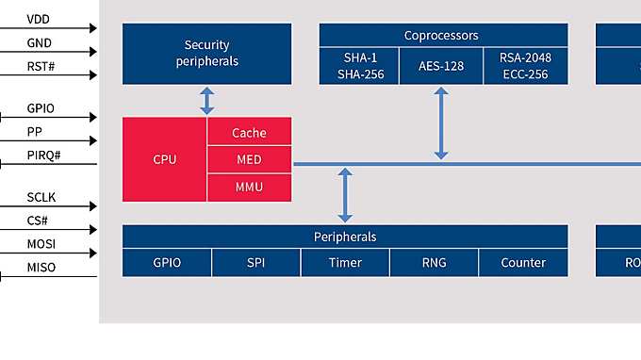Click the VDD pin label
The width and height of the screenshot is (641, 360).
(x=39, y=19)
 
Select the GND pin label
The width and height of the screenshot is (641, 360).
(x=39, y=43)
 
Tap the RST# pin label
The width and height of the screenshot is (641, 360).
(x=41, y=67)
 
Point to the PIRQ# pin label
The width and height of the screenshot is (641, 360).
(x=43, y=155)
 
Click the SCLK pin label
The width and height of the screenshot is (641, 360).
(x=41, y=199)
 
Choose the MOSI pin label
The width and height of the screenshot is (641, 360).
(x=41, y=245)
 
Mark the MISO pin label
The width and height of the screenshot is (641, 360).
(x=41, y=269)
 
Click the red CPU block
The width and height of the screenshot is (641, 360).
(x=165, y=159)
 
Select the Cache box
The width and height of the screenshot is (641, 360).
(x=249, y=133)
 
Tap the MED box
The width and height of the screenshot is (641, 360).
(x=249, y=160)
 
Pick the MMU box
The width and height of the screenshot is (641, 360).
(x=249, y=188)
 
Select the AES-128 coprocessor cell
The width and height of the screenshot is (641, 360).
(x=441, y=66)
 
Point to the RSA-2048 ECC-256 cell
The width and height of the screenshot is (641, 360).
(x=525, y=66)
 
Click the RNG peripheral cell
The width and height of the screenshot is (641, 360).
(x=434, y=263)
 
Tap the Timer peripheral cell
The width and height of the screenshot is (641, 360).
(x=345, y=263)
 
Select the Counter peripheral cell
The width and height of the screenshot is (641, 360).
(x=523, y=263)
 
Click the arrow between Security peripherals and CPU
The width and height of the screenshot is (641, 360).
(x=207, y=101)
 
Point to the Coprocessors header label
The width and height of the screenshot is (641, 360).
(x=441, y=36)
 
